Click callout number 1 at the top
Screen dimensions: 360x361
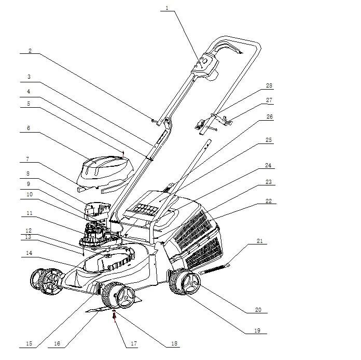167,8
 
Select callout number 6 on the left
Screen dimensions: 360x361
29,128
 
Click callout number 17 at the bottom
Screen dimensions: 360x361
134,344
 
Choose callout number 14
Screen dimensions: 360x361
30,253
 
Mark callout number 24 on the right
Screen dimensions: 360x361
268,166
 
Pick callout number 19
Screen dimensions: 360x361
257,330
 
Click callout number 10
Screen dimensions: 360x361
30,194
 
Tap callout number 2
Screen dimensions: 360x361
30,51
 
